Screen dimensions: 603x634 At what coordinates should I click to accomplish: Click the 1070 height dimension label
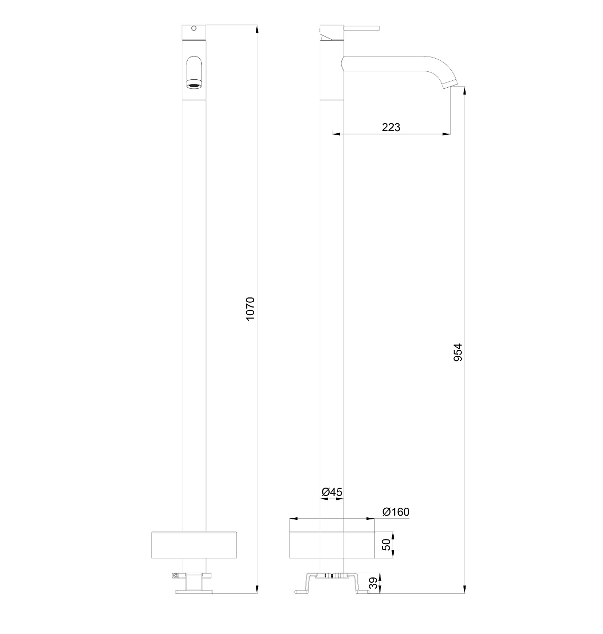tap(251, 309)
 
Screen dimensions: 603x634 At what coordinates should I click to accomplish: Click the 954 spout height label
tap(458, 352)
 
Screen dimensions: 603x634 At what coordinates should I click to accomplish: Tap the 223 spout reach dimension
tap(391, 127)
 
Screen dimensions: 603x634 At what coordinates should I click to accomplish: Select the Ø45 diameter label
tap(332, 492)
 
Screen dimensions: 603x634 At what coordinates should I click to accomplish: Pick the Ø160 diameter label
tap(396, 512)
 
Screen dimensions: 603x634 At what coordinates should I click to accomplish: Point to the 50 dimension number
tap(386, 545)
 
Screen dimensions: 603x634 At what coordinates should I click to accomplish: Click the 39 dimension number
tap(373, 583)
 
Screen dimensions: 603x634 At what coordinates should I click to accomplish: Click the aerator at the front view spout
tap(194, 86)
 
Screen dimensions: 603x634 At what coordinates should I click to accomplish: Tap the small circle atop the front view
tap(193, 29)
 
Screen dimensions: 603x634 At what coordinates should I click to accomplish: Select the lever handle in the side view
tap(361, 29)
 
